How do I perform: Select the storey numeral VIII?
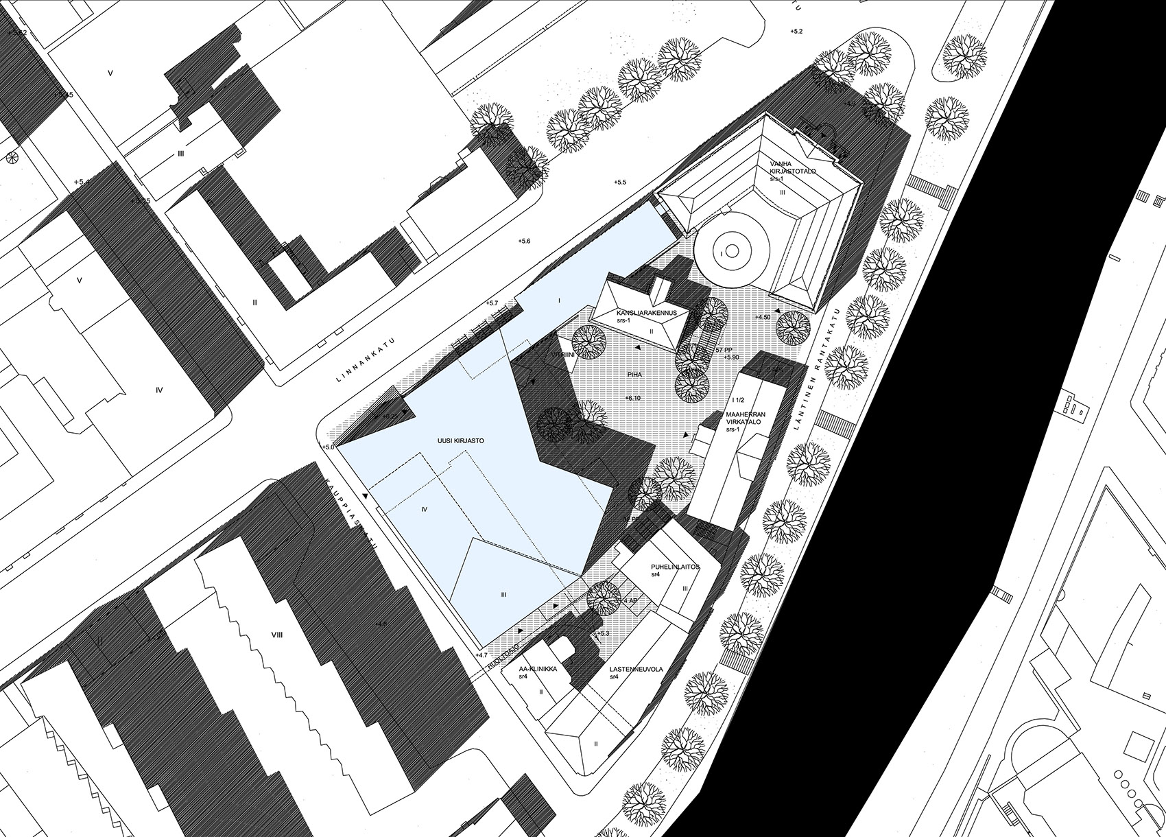pyautogui.click(x=277, y=636)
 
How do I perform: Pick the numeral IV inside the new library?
pyautogui.click(x=424, y=509)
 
